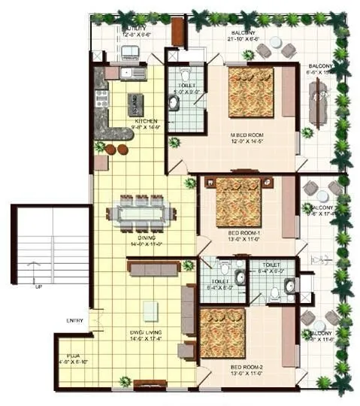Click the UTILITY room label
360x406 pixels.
[135, 28]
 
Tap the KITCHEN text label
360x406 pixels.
[146, 120]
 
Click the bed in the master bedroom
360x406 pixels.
[251, 92]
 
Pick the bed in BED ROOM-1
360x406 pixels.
[238, 201]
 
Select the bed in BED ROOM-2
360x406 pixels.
[222, 332]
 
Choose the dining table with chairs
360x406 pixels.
[141, 213]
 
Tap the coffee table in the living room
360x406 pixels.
[150, 311]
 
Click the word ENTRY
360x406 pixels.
[74, 321]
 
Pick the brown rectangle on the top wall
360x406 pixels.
[178, 32]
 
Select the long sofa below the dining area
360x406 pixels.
[153, 267]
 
